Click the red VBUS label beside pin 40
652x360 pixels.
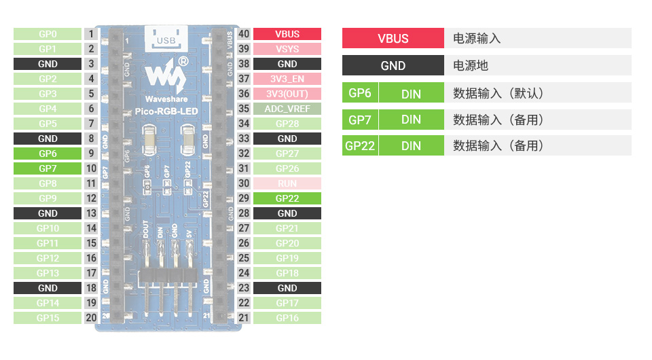[x=287, y=34]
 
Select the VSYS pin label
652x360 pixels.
[x=287, y=49]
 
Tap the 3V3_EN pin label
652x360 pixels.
[x=287, y=79]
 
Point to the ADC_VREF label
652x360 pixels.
[x=287, y=109]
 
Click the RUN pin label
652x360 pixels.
[x=287, y=183]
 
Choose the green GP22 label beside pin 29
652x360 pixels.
[x=287, y=198]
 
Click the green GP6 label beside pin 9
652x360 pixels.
[x=48, y=154]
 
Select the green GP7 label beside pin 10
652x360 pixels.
[x=48, y=168]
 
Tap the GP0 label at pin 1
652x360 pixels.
[x=48, y=34]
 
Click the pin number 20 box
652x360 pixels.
[x=91, y=318]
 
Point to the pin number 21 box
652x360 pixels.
[x=244, y=318]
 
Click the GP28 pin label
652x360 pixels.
[x=287, y=124]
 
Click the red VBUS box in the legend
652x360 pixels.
[x=393, y=38]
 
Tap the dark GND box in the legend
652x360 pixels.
[x=393, y=65]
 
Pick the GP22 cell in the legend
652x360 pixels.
[x=360, y=145]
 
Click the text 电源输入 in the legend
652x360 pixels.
[x=477, y=38]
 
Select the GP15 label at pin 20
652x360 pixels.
[x=48, y=318]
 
